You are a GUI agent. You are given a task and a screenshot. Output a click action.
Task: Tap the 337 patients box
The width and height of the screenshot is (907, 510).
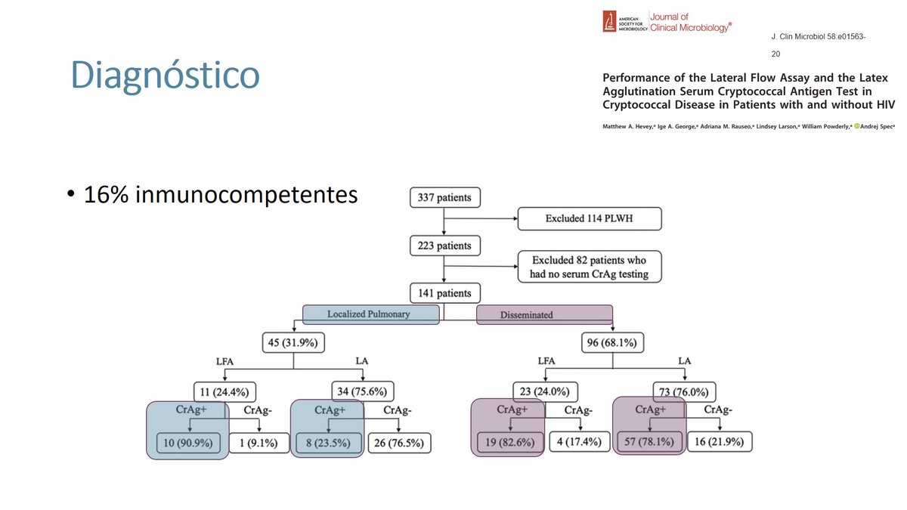tap(444, 198)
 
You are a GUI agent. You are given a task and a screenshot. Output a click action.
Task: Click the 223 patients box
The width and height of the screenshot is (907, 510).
tap(444, 246)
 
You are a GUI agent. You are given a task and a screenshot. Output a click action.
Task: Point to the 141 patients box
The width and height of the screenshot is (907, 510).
tap(444, 293)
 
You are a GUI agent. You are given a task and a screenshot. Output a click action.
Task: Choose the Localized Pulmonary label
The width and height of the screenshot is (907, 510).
tap(371, 314)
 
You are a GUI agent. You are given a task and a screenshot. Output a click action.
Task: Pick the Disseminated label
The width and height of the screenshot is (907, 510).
tap(544, 315)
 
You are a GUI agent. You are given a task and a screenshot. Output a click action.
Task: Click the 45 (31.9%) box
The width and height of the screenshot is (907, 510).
tap(293, 343)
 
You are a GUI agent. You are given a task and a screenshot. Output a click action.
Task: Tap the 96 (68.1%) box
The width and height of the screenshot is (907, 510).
tap(611, 343)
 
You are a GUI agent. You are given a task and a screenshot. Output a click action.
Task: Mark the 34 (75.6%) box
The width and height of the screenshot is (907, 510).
tap(363, 391)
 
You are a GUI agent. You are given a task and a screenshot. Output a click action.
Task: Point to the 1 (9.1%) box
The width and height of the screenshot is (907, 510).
tap(258, 443)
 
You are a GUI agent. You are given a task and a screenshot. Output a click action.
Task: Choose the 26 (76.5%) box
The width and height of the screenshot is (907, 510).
tap(400, 443)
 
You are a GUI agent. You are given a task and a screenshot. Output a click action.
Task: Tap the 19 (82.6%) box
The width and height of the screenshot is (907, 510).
tap(510, 442)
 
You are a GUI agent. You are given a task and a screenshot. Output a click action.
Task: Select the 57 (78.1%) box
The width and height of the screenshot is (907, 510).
tap(649, 442)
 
